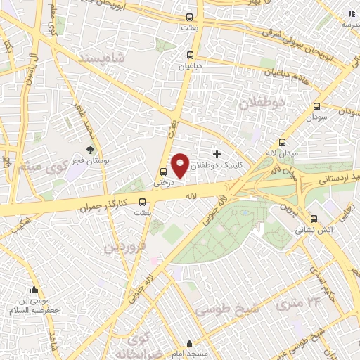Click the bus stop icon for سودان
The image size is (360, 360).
[x=316, y=108]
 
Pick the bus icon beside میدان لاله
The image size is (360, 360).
[x=283, y=141]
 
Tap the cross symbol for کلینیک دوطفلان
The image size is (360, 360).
[x=217, y=153]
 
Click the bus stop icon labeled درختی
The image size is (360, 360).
[x=163, y=172]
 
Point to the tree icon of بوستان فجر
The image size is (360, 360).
[x=90, y=149]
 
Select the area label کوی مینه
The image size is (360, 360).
[x=59, y=167]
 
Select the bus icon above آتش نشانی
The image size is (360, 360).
[x=314, y=218]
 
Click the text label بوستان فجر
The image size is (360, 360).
[x=90, y=160]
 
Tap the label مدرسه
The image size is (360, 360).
[x=350, y=23]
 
